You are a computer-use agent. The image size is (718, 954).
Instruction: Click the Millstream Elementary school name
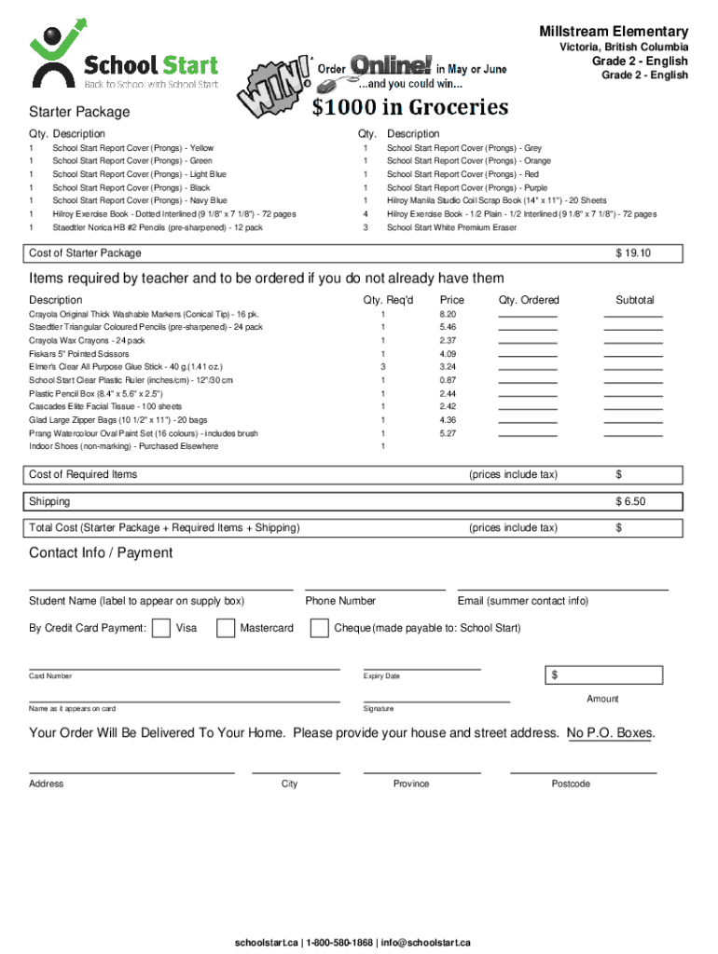click(613, 32)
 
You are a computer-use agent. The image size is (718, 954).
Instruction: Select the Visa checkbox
click(160, 628)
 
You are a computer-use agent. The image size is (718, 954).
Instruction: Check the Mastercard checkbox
click(226, 628)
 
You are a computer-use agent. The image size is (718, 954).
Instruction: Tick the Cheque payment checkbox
click(320, 628)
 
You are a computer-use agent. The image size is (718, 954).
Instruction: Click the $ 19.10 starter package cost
click(632, 253)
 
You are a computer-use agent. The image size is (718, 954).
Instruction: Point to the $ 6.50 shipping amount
click(629, 502)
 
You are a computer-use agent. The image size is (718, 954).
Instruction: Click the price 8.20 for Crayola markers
click(448, 315)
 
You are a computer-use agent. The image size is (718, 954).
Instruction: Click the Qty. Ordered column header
click(529, 300)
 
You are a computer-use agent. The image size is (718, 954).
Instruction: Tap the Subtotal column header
click(634, 300)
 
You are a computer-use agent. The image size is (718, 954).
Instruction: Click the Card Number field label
click(50, 676)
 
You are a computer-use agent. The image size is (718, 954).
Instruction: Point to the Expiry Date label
click(381, 676)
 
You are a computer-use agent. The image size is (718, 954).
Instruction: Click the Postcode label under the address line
click(570, 784)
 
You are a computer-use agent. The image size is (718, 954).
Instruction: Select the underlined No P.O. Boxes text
click(610, 733)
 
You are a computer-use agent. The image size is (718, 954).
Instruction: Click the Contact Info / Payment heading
click(101, 553)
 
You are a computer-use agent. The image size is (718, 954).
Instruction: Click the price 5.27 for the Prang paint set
click(448, 434)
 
